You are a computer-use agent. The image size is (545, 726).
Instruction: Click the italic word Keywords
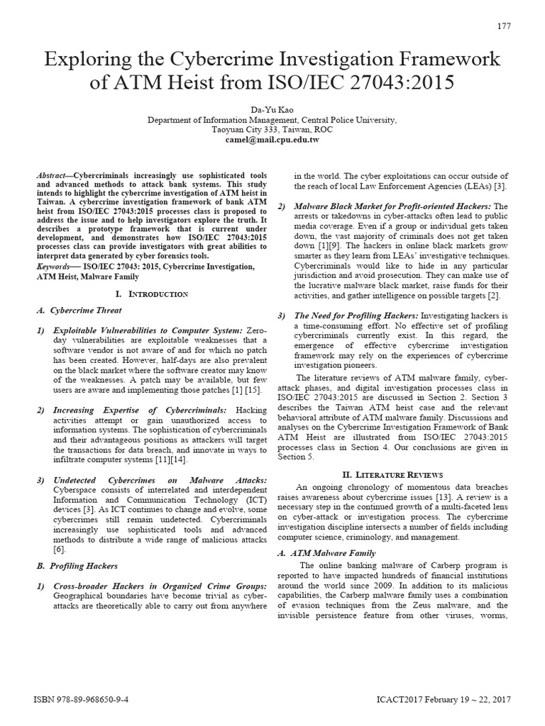point(55,266)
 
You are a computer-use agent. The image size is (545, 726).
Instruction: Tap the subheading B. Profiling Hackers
point(77,566)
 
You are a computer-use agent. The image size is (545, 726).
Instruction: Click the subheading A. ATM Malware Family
point(326,552)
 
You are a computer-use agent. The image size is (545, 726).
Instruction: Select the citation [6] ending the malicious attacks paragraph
point(60,549)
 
